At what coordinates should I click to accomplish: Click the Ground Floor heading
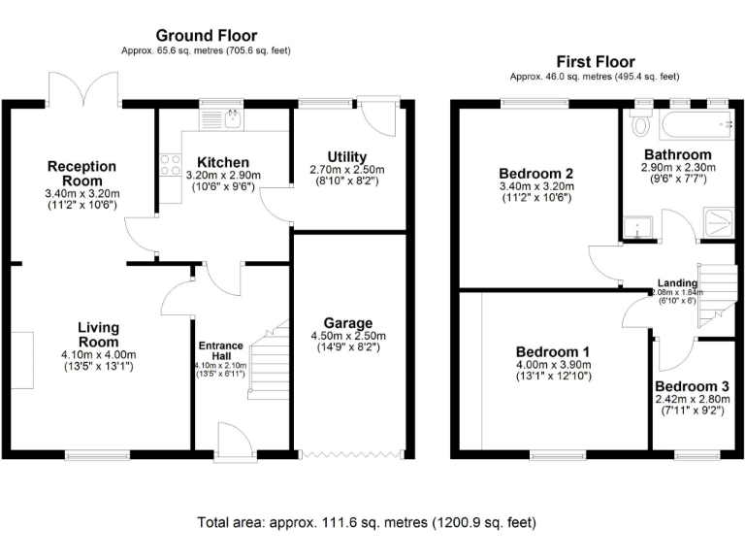tap(206, 36)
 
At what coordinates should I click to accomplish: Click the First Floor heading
tap(594, 60)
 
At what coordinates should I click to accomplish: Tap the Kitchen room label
tap(223, 162)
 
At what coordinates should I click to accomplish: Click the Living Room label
tap(97, 335)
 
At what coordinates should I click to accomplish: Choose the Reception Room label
tap(81, 174)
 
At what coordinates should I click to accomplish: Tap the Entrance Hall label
tap(221, 350)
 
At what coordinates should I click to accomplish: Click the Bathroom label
tap(678, 154)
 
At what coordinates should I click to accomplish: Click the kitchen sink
tap(232, 118)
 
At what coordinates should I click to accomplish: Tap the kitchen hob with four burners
tap(169, 164)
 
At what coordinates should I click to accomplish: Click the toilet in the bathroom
tap(638, 125)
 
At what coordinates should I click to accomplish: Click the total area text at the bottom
tap(366, 522)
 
